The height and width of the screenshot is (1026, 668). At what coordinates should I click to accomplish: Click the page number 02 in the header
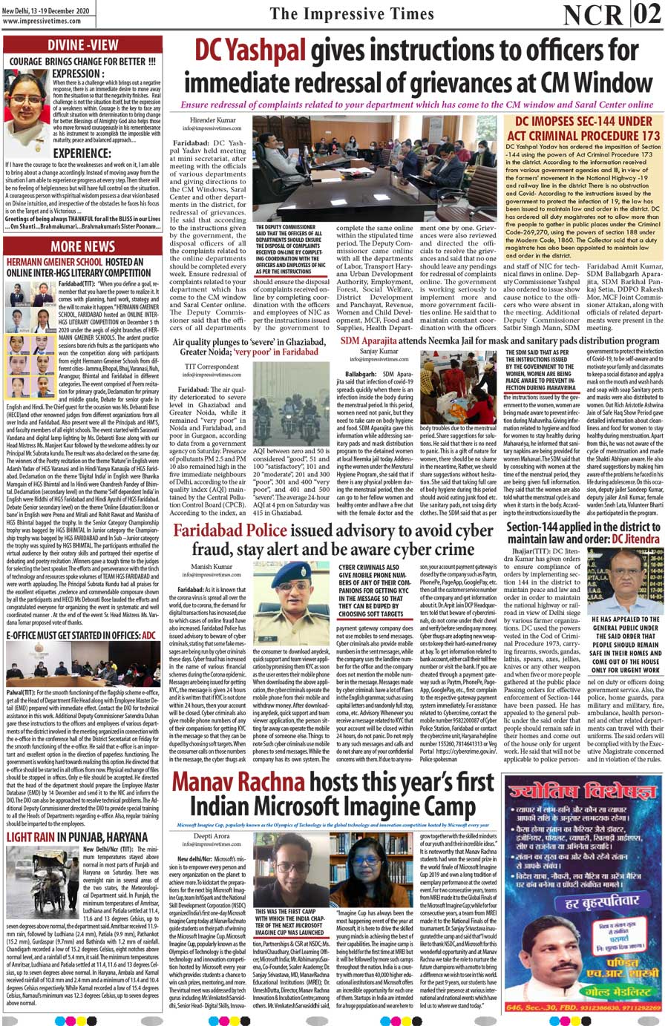(648, 14)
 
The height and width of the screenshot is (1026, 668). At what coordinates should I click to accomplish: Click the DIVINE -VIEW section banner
(82, 45)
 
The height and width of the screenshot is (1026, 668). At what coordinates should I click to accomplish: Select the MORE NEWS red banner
(82, 246)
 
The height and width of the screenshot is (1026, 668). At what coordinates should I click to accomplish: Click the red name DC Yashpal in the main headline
(250, 50)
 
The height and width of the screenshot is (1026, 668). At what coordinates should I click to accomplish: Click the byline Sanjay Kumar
(379, 351)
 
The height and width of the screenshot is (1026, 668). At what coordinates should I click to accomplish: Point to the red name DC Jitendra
(636, 539)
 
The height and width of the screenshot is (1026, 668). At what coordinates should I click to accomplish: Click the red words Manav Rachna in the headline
(238, 783)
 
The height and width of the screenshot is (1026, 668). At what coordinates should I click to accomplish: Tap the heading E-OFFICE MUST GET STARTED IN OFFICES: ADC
(81, 636)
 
